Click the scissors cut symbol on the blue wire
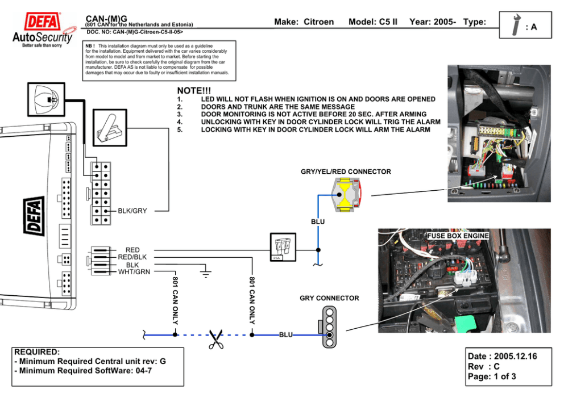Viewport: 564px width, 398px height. [215, 339]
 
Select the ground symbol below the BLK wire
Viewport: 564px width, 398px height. [205, 274]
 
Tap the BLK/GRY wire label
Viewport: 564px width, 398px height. [132, 211]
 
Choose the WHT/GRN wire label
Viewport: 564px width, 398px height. [134, 271]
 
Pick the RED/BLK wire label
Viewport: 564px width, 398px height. [132, 257]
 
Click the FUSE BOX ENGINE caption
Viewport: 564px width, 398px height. [458, 235]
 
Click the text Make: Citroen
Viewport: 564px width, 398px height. [304, 22]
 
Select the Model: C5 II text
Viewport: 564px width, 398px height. [372, 22]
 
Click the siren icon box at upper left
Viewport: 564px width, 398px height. [47, 102]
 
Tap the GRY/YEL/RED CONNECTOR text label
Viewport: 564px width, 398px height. [346, 171]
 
